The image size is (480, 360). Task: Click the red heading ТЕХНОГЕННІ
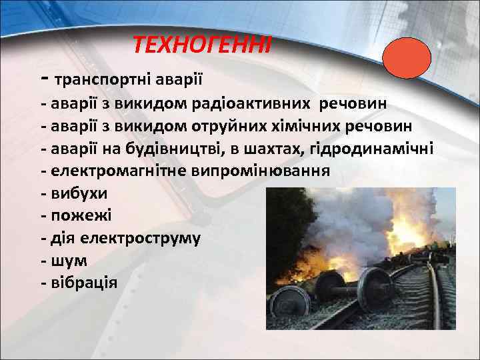(202, 45)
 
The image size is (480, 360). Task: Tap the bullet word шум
(69, 260)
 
